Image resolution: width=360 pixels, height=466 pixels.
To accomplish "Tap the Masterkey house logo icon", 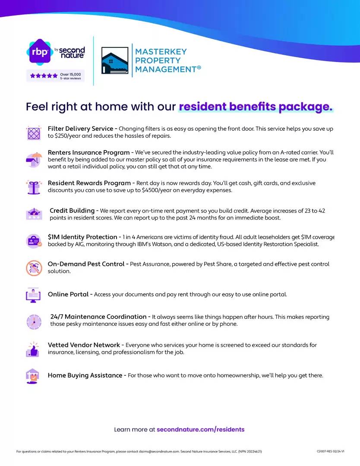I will tap(115, 61).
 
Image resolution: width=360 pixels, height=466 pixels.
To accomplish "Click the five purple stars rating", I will tap(44, 76).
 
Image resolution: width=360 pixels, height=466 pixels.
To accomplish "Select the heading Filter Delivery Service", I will tap(80, 129).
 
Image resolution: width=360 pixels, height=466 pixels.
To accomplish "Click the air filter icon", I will tap(33, 132).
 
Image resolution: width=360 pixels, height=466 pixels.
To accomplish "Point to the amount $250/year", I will tap(66, 136).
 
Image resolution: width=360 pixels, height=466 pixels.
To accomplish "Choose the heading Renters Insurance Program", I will tap(88, 152).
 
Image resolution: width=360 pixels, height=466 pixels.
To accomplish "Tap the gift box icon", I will tap(33, 187).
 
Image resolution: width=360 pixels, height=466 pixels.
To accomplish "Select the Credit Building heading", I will tap(72, 211).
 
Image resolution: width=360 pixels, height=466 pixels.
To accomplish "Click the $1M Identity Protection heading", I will tap(82, 237).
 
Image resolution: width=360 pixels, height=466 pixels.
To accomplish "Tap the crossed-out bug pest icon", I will tap(33, 268).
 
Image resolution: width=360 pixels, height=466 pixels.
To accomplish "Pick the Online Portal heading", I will tap(68, 294).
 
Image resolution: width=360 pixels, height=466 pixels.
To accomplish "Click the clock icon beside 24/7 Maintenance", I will tap(33, 321).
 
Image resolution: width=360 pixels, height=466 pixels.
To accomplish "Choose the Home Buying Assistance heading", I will tap(85, 375).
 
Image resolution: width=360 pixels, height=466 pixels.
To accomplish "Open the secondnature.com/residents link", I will tap(200, 429).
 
